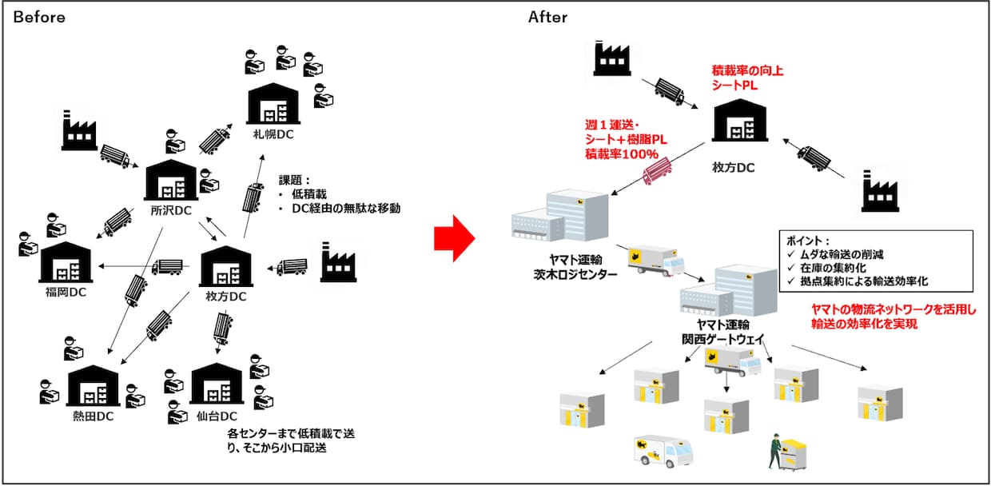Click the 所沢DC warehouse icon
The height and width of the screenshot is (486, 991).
click(x=173, y=180)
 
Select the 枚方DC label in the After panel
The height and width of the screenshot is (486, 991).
click(x=734, y=168)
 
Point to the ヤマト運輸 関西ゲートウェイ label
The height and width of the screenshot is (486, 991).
click(x=715, y=329)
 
